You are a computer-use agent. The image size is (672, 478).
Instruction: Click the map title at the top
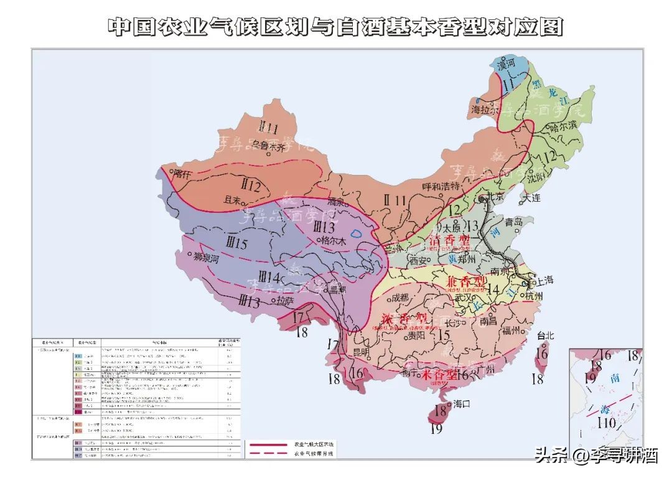click(335, 27)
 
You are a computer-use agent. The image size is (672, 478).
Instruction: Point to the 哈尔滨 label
click(564, 127)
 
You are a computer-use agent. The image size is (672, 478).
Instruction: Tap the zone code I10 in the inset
click(605, 424)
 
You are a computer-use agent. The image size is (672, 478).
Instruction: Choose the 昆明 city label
click(361, 352)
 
